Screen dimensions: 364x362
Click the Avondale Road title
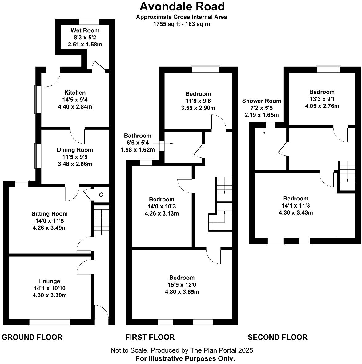(182, 6)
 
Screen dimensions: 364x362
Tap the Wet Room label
(85, 30)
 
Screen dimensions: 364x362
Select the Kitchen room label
(75, 93)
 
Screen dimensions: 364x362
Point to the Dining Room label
(75, 150)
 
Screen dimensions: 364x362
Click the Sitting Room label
(50, 214)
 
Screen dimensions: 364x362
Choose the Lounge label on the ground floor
(50, 281)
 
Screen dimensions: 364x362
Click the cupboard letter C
(101, 195)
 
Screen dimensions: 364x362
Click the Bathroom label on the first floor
(138, 136)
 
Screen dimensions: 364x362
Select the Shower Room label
(262, 101)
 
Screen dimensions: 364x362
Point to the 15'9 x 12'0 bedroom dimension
(182, 285)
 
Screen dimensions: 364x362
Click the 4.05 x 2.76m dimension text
(322, 106)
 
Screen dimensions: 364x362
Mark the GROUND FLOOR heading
(32, 337)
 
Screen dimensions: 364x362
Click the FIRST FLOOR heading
(150, 337)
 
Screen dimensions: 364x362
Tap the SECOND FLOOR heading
(278, 337)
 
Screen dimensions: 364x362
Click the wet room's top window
(89, 21)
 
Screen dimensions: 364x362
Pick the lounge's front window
(50, 322)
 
